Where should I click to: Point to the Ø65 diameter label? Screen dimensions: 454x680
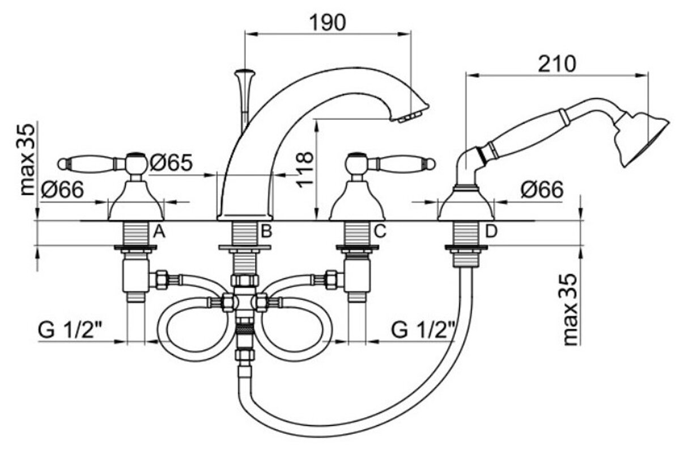point(171,163)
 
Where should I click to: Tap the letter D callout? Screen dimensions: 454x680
point(491,231)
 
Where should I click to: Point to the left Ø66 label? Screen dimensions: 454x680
point(62,190)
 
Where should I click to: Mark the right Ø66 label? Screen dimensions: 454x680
point(543,190)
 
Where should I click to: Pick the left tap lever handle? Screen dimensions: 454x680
point(91,163)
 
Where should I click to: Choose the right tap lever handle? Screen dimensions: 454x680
point(401,163)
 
